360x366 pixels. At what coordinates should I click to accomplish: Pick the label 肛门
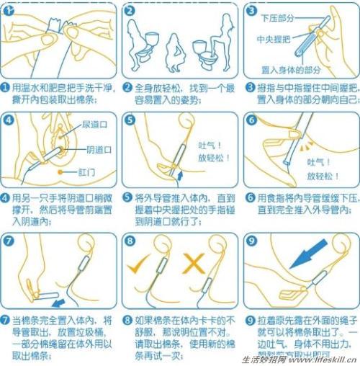81,173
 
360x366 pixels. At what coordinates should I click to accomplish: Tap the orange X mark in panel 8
194,264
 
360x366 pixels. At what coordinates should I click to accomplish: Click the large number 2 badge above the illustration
129,11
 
